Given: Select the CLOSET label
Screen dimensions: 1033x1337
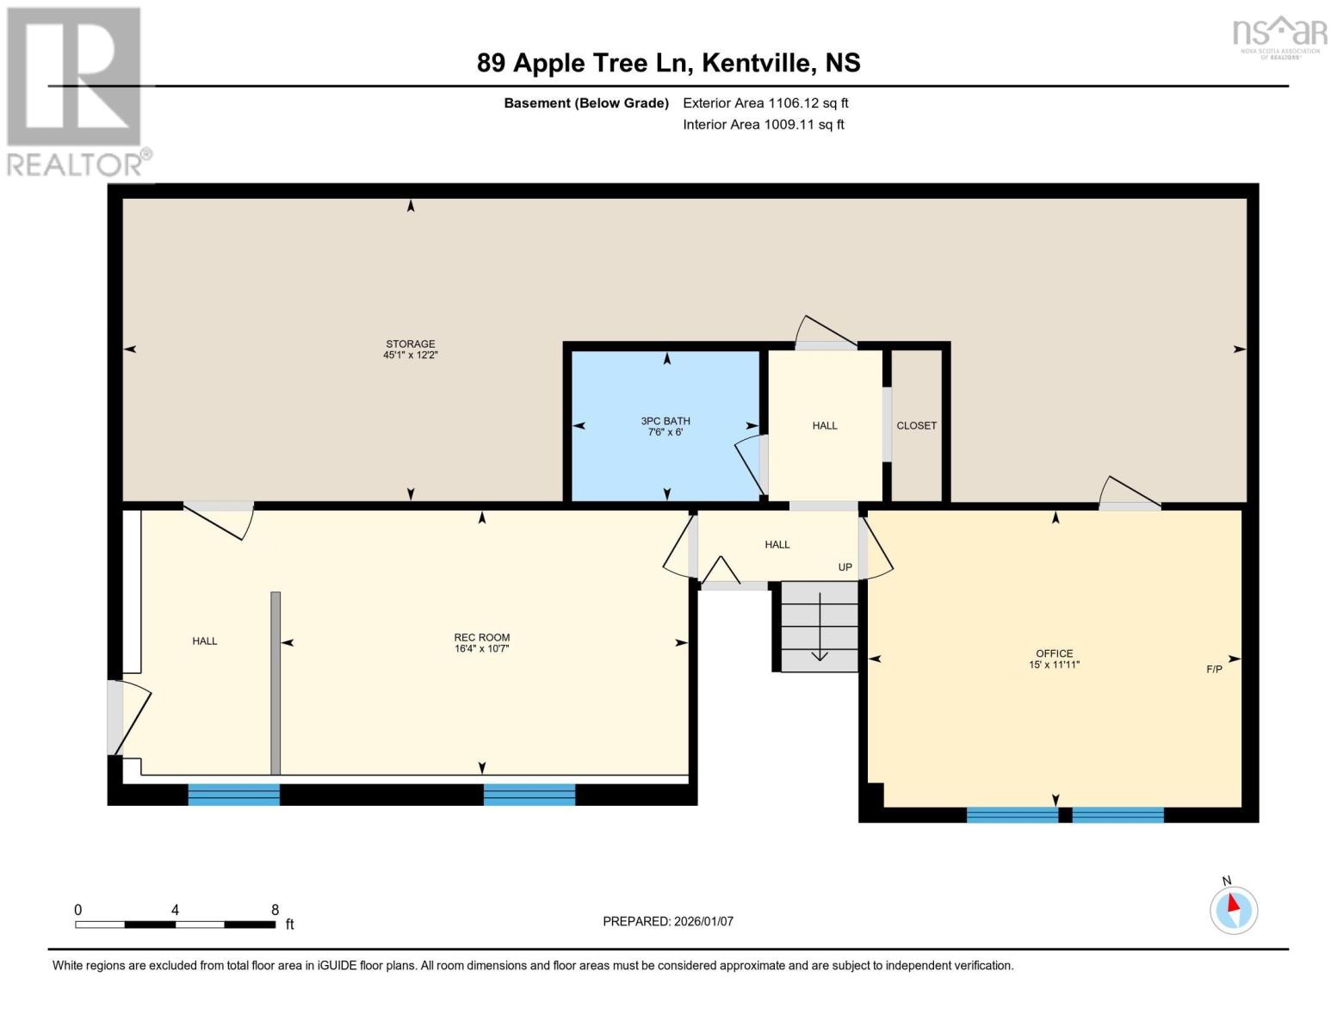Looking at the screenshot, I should click(916, 425).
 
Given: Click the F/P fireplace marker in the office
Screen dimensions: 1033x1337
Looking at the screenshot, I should click(1214, 669).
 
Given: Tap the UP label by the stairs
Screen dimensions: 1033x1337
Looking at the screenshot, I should click(845, 567).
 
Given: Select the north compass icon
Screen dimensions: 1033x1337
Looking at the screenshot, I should click(1234, 908).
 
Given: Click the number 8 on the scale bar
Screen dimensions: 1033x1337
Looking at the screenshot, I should click(275, 910).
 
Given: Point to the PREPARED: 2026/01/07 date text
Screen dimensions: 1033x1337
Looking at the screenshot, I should click(668, 921).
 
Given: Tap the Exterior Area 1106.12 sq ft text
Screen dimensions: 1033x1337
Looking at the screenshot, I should click(765, 102).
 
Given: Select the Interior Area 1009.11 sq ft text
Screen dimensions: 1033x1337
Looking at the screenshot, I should click(764, 124).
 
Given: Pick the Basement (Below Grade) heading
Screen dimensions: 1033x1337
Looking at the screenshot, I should click(586, 102).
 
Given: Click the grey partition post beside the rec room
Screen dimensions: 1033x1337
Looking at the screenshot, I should click(275, 684).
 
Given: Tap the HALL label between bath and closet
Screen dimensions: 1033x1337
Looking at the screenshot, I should click(825, 425).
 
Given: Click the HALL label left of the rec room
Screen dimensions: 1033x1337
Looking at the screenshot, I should click(205, 640).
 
